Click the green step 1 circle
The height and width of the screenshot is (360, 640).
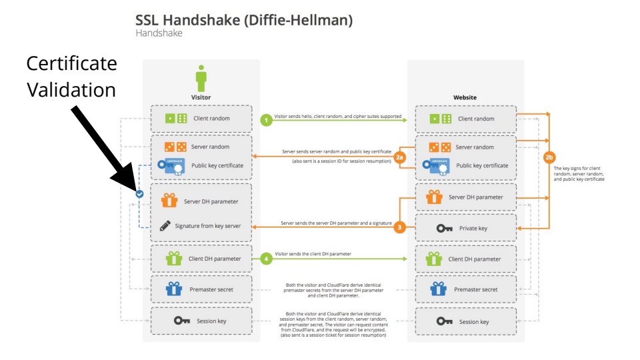(x=267, y=120)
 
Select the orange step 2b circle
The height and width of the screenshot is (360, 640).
(x=549, y=157)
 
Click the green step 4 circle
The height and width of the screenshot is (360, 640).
(x=267, y=258)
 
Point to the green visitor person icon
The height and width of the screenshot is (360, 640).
(x=201, y=79)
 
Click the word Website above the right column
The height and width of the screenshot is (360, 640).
(x=465, y=97)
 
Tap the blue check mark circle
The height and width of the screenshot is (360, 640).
(x=139, y=194)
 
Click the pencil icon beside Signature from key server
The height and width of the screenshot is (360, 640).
(x=164, y=226)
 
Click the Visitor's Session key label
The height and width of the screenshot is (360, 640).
(x=211, y=321)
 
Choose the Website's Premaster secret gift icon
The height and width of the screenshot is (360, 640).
(x=437, y=289)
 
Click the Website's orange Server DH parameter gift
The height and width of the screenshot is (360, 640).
(x=435, y=197)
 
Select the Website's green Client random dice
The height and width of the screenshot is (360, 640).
(x=439, y=119)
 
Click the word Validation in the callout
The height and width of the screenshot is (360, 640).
(x=71, y=89)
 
